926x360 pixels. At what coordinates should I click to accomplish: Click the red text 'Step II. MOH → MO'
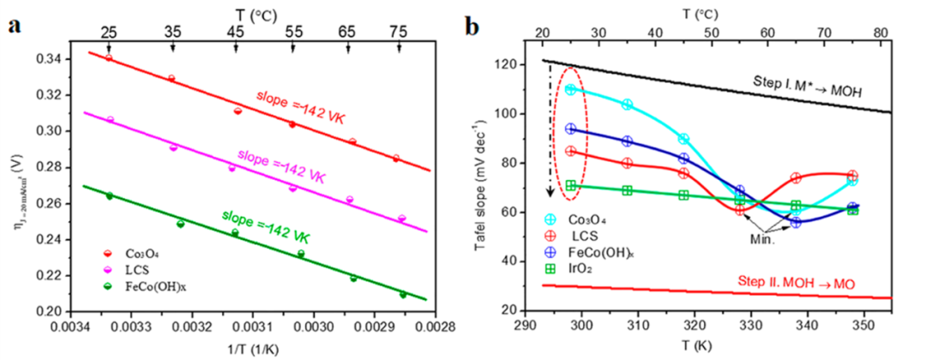click(x=808, y=281)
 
